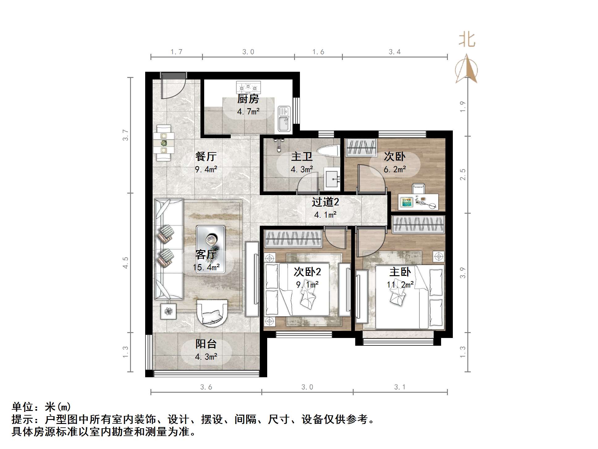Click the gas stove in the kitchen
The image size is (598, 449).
click(248, 87)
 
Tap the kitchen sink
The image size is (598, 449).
click(284, 119)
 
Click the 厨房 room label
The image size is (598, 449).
click(248, 99)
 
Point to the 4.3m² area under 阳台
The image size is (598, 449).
click(206, 357)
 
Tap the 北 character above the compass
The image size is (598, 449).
click(466, 40)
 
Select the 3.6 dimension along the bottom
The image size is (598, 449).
click(206, 387)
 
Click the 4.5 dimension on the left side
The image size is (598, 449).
click(125, 263)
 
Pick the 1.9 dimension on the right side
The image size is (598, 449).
click(462, 107)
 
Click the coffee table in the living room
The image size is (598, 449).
click(210, 249)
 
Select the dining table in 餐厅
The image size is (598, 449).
click(164, 143)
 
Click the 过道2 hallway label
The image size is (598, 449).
click(325, 202)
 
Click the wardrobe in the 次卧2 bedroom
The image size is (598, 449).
click(293, 239)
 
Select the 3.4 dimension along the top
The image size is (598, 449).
click(394, 52)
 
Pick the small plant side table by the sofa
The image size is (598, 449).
click(168, 311)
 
